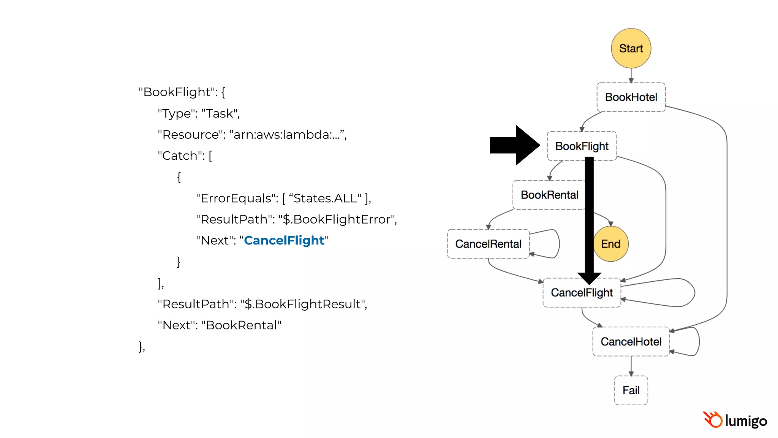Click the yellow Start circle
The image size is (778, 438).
pos(631,48)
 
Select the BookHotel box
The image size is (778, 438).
pos(631,97)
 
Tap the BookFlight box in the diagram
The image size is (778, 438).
pos(582,146)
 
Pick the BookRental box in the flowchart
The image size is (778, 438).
pos(549,195)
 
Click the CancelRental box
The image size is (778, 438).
pos(488,244)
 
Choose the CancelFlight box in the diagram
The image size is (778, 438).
pos(582,293)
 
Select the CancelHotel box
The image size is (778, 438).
pos(631,341)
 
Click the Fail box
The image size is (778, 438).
pos(631,390)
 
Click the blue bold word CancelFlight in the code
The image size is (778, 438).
pos(284,240)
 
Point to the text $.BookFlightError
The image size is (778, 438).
pos(337,219)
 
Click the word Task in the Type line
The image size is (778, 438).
pos(219,113)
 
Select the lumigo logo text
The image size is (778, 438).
pos(746,421)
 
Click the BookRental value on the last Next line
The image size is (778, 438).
pos(241,325)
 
